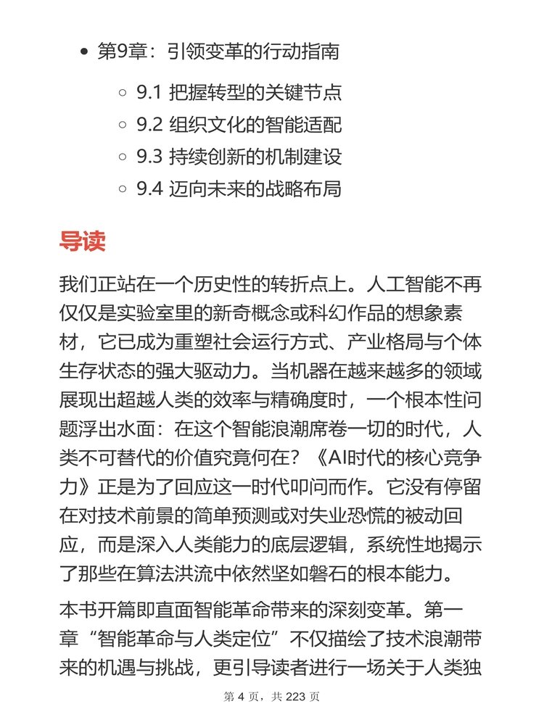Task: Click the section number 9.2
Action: pos(149,125)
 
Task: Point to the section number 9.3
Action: pos(149,157)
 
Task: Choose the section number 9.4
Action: pos(149,189)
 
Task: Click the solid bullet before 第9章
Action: pos(85,53)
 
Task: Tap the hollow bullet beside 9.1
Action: pos(123,94)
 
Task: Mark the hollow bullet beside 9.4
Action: pos(123,189)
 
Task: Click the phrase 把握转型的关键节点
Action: pos(255,94)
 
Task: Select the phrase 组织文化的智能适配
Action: pos(255,125)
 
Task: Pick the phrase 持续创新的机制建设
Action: pos(255,157)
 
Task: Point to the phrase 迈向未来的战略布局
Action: pos(255,189)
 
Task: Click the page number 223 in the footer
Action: pos(294,697)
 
